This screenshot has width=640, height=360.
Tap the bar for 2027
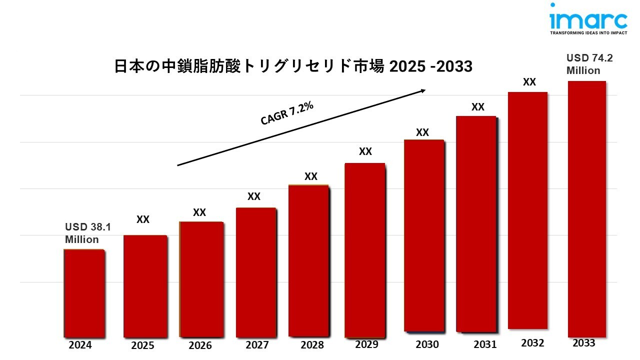[x=255, y=272]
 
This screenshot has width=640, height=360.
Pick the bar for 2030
[x=423, y=235]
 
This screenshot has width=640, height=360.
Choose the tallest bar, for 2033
[x=586, y=208]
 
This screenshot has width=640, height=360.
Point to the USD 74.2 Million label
[x=589, y=64]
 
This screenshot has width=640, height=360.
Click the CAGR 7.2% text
[x=287, y=113]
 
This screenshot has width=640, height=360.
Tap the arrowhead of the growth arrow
[x=422, y=90]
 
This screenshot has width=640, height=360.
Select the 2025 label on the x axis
[x=142, y=345]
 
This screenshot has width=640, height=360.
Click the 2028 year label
[x=312, y=344]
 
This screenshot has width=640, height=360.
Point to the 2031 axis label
[x=485, y=344]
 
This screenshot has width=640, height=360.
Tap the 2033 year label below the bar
[x=583, y=343]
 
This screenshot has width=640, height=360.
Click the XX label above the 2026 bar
[x=199, y=212]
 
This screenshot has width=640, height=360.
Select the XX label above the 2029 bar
[x=365, y=151]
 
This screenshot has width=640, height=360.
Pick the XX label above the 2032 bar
[x=529, y=82]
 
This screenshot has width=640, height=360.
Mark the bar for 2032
[x=527, y=210]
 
